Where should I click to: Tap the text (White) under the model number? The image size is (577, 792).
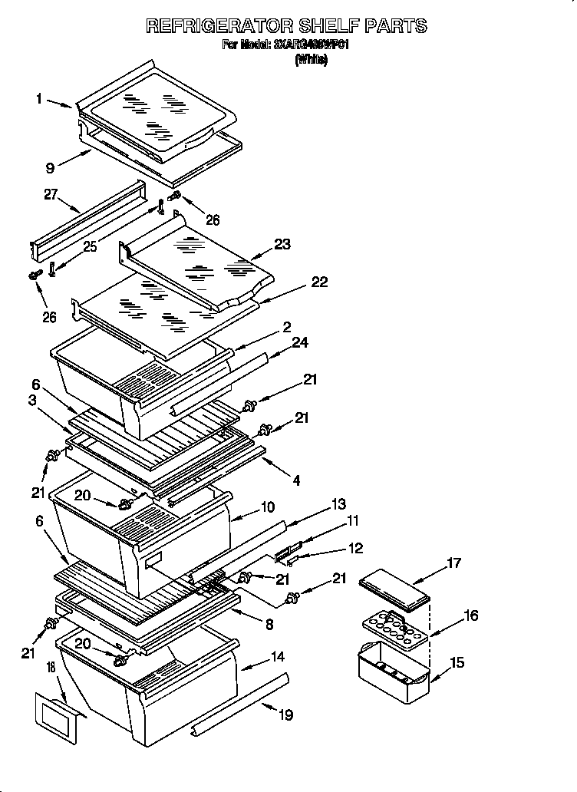310,61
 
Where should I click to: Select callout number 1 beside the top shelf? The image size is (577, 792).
38,99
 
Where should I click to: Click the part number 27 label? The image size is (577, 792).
51,196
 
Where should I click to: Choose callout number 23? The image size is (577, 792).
283,245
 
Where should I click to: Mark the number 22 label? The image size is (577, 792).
318,282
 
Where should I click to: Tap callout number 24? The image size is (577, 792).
299,342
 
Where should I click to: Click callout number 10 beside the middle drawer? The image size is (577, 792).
268,507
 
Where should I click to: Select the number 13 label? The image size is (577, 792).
338,504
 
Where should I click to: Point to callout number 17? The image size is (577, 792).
453,564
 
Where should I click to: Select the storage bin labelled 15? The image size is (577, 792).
393,672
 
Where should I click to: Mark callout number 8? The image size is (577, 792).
269,625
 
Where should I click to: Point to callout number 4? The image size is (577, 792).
296,481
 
